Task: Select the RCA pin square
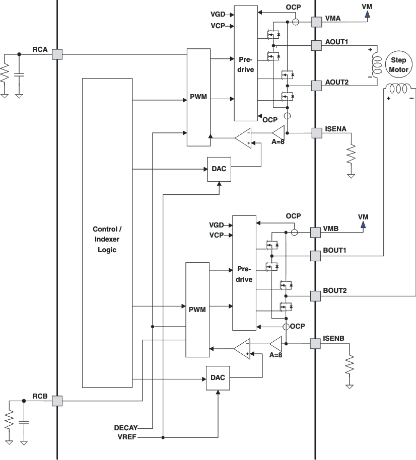57,54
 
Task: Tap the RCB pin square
57,401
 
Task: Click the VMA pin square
316,22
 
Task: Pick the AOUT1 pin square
316,46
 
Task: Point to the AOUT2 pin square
316,86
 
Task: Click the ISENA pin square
316,133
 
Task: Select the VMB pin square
315,233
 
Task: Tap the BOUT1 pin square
315,256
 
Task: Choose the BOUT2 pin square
315,296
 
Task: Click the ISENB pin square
315,344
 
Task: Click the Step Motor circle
398,65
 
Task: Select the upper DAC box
219,170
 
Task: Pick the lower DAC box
218,378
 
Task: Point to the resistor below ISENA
351,153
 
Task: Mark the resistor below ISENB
349,364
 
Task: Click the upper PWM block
197,97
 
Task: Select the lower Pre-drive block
244,273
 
